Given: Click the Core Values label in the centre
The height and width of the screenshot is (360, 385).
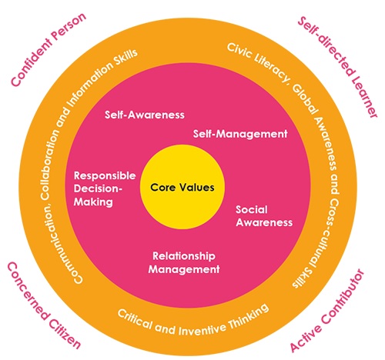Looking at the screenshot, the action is point(182,188).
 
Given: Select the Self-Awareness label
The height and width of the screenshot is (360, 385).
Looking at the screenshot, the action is point(145,115).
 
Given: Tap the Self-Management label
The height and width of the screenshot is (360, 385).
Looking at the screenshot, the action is point(240,134).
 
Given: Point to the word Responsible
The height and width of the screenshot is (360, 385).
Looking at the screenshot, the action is point(105,175).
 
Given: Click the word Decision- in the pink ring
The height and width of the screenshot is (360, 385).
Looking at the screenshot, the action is point(98,188).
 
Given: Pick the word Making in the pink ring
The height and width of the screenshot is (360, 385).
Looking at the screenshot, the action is point(93,202).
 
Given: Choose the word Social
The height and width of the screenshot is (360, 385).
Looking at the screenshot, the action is point(252,209).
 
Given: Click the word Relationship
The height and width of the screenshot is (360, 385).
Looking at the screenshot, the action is point(184,256).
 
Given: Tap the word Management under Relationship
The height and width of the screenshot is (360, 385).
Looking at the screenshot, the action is point(184,269).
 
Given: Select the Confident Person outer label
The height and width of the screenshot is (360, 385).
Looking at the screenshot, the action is point(49,49).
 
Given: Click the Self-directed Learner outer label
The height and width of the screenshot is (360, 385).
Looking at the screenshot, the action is point(338,67).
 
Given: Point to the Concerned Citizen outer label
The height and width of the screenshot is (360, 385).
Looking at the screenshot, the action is point(43,305).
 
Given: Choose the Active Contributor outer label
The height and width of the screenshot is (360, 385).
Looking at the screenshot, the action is point(328,311).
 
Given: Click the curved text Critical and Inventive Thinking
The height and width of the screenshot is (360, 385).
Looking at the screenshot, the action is point(193,322).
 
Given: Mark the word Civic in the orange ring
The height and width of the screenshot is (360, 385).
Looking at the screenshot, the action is point(239,52).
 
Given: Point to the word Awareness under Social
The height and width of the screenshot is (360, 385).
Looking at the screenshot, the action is point(264,222).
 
